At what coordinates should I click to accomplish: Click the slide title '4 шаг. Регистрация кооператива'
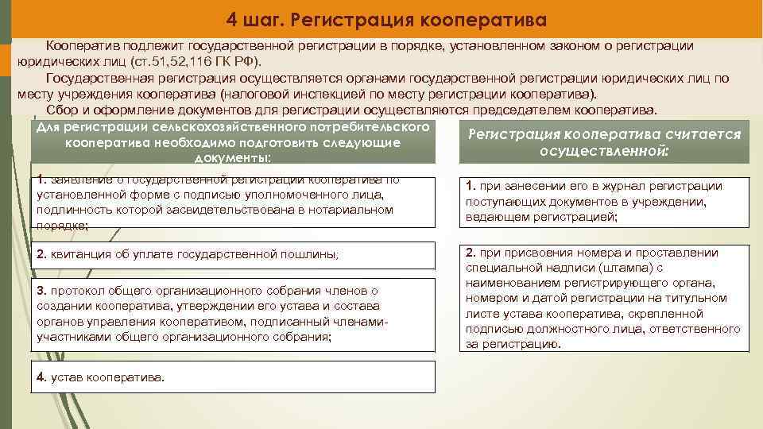coord(386,18)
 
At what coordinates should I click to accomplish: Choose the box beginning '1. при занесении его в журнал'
coord(606,201)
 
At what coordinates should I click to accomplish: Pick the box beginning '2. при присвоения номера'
coord(606,298)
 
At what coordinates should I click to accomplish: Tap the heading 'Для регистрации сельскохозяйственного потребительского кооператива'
coord(235,142)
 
